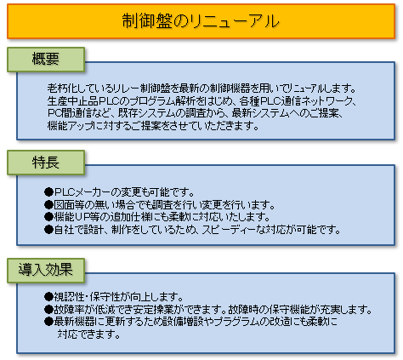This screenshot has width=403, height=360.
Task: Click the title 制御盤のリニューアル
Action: click(201, 21)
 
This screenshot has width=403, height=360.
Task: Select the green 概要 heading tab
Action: click(46, 60)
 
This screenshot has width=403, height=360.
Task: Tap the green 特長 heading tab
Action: click(46, 163)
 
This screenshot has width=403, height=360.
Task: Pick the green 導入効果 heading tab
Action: click(46, 271)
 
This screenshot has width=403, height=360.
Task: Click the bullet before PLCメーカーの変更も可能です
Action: click(48, 192)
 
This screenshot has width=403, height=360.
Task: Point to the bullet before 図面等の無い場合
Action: click(48, 204)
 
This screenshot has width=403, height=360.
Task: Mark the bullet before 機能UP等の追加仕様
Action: click(48, 217)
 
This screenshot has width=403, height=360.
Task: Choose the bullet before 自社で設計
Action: click(48, 230)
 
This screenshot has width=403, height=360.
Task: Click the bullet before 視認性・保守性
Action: click(48, 297)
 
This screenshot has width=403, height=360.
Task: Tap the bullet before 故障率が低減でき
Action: click(48, 310)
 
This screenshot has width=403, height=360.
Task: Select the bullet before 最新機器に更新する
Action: click(48, 322)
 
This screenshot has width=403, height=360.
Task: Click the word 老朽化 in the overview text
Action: click(62, 89)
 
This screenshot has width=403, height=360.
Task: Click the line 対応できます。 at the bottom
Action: click(89, 334)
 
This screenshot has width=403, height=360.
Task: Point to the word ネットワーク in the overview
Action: click(324, 101)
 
